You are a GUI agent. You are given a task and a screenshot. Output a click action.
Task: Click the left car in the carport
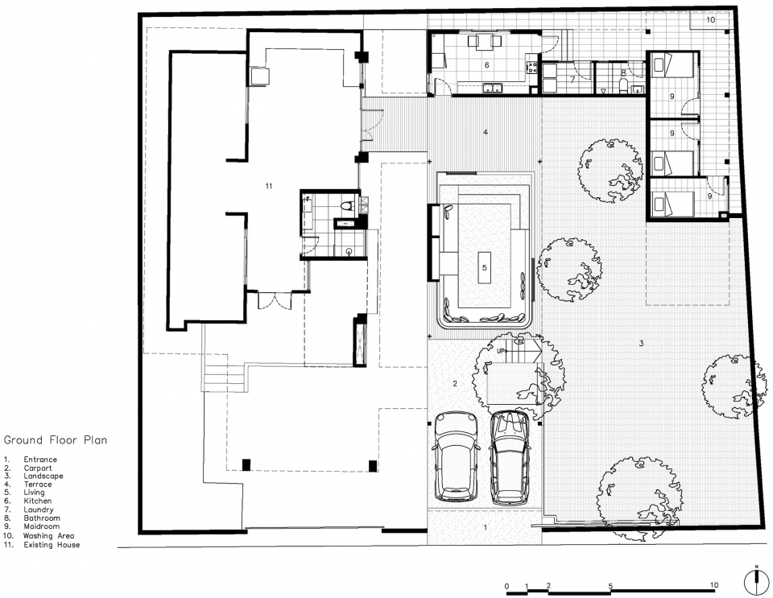[x=456, y=457]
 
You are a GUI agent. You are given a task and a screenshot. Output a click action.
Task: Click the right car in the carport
[x=511, y=458]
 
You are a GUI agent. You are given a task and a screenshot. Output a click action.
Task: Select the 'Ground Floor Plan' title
[x=56, y=440]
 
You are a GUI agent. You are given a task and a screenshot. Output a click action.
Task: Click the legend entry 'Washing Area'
[x=48, y=536]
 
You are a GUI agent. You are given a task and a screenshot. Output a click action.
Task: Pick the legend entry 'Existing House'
[x=52, y=545]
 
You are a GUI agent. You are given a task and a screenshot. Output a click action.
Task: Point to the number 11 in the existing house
[x=269, y=186]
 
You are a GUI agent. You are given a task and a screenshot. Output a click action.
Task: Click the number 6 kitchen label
[x=487, y=65]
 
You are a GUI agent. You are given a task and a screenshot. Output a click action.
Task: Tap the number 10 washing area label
[x=710, y=19]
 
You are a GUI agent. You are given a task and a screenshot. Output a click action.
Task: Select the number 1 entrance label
[x=485, y=527]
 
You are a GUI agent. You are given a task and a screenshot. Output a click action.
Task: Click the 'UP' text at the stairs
[x=501, y=351]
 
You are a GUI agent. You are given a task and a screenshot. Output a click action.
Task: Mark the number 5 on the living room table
[x=485, y=267]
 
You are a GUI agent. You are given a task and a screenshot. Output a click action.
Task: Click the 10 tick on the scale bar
[x=714, y=585]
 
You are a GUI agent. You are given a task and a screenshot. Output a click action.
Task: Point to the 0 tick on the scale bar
[x=507, y=586]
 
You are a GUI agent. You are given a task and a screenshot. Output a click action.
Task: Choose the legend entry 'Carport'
[x=38, y=468]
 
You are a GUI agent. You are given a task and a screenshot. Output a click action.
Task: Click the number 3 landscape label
[x=642, y=344]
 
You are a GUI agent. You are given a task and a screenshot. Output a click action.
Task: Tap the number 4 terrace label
[x=486, y=132]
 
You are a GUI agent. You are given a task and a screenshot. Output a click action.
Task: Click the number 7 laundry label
[x=573, y=80]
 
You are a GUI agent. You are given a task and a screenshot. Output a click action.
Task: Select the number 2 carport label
[x=455, y=383]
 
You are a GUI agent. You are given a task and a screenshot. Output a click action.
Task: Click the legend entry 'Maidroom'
[x=41, y=526]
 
